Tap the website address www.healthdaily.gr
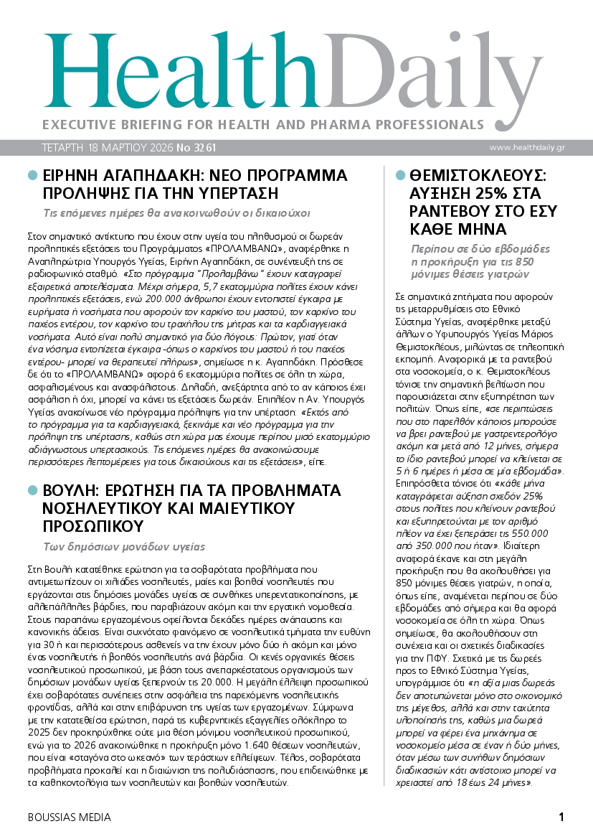[x=537, y=147]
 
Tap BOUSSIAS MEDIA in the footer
[x=70, y=817]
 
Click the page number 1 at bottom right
[x=561, y=817]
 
